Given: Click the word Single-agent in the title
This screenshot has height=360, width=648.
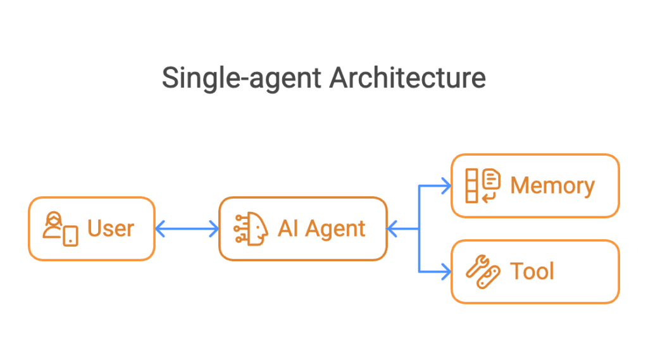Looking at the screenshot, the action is click(241, 78).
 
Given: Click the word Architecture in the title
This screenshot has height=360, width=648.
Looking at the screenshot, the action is click(408, 77).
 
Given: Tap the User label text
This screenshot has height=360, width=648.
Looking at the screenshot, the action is click(111, 228).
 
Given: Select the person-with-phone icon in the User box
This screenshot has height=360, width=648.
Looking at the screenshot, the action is click(60, 229).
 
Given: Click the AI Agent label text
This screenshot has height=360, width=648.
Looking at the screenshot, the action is click(321, 228).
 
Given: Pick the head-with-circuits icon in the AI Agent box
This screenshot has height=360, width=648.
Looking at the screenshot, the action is click(251, 229).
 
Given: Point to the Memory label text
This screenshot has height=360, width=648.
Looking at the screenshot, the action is click(552, 185).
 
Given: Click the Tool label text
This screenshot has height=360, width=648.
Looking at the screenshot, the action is click(532, 271).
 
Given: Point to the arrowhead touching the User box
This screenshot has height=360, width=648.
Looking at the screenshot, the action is click(160, 228).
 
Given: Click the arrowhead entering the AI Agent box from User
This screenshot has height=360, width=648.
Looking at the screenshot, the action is click(214, 228).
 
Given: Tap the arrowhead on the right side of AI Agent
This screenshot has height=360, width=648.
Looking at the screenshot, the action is click(392, 228).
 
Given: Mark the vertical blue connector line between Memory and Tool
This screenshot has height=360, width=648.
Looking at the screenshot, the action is click(420, 228).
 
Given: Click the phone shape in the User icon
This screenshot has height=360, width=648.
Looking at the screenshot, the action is click(71, 236).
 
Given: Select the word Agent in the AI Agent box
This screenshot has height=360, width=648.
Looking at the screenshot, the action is click(335, 230).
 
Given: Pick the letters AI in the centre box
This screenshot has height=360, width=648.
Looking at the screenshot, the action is click(288, 228).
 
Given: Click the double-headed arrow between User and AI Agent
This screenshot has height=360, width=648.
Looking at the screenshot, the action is click(187, 228).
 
